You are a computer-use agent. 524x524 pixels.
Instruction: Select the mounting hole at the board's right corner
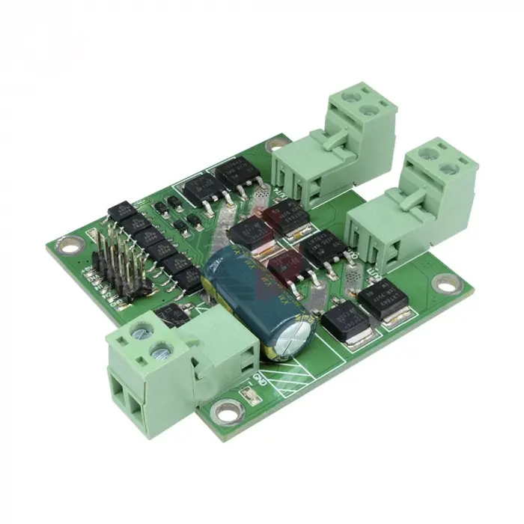tap(447, 284)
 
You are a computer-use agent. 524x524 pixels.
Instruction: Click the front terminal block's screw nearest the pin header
tap(140, 330)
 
